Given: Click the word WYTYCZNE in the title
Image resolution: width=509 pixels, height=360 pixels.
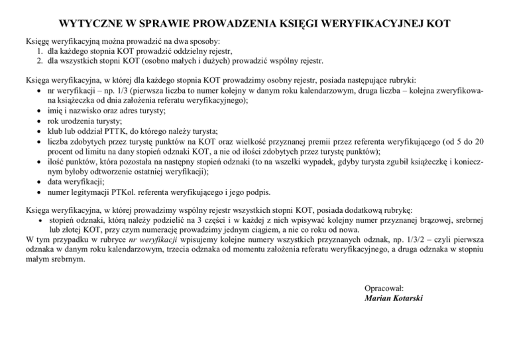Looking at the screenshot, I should pos(93,24).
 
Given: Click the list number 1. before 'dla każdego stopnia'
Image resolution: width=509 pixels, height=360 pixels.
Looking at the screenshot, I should pos(41,51).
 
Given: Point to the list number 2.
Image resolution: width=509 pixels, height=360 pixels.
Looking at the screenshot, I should pos(41,61).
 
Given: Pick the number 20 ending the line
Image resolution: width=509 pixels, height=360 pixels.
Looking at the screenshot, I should pos(486,142).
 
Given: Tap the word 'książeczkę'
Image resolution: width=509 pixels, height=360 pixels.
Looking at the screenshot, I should pos(424,162).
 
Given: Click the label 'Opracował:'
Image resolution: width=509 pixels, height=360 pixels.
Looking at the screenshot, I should pos(384,288).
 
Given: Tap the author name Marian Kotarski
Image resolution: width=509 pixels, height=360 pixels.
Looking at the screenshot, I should pos(394,298).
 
